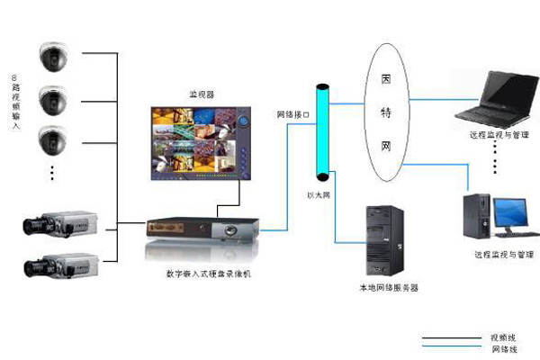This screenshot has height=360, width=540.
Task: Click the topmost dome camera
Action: pos(53,57)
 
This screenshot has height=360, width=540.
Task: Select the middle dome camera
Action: pos(53,97)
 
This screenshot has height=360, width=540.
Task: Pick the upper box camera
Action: pos(58,224)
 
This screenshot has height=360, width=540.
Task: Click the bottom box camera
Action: pos(58,265)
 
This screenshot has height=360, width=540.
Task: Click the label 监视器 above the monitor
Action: pos(201,94)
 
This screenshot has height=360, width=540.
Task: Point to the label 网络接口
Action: pos(292,115)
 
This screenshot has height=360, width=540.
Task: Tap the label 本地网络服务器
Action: pos(388,288)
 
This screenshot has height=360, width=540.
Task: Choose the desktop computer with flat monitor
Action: pos(492,216)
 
